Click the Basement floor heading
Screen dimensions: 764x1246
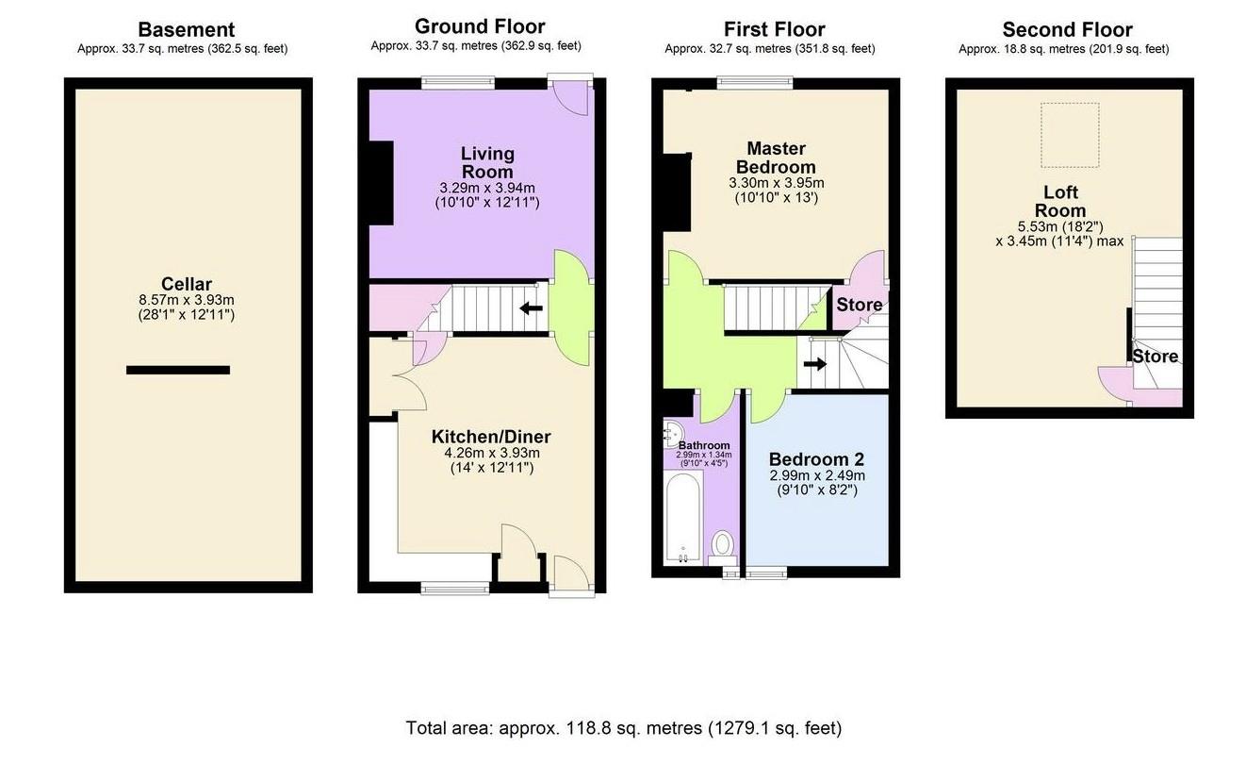click(x=186, y=30)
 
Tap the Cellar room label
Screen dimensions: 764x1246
click(x=186, y=284)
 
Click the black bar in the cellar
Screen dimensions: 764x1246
click(x=178, y=370)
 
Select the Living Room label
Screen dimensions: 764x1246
click(x=487, y=162)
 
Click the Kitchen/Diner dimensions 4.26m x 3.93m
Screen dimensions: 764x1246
click(x=491, y=453)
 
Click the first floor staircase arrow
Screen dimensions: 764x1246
click(x=815, y=363)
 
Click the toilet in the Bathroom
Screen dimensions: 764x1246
click(x=723, y=544)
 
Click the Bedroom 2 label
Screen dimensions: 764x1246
click(x=816, y=460)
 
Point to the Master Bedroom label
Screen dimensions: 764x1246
click(x=776, y=158)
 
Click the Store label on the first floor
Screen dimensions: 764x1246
click(x=860, y=305)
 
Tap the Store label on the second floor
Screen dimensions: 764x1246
click(x=1155, y=357)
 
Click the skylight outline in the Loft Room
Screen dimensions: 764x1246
click(x=1069, y=133)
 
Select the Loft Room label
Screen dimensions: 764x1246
click(x=1059, y=202)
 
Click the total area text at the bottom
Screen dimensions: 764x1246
click(x=623, y=728)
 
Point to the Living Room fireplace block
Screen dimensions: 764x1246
click(x=381, y=183)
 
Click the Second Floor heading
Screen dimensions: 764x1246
click(x=1067, y=30)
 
